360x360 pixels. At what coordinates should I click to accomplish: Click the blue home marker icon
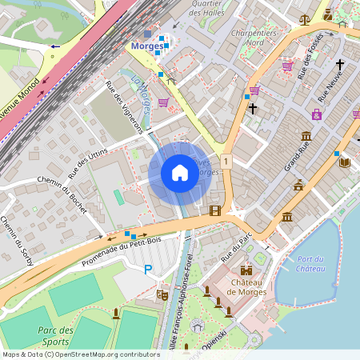coord(180,173)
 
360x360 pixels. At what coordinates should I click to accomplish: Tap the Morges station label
coord(146,46)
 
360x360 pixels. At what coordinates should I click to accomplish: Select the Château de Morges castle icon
coord(246,270)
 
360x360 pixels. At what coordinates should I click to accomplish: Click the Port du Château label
coord(310,263)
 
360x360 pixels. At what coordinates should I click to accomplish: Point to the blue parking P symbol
coord(147,270)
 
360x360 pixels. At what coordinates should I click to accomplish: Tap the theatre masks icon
coord(162,294)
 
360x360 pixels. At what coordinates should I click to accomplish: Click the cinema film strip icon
coord(214,210)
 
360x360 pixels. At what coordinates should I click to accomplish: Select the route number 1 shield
coord(227,162)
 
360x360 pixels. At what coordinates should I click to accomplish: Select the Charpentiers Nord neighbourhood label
coord(253,38)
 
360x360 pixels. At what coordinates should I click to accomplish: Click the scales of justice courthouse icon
coord(304,19)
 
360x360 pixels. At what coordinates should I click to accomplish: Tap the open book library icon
coord(345,162)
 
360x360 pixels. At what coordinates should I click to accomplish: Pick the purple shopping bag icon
coord(317,114)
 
